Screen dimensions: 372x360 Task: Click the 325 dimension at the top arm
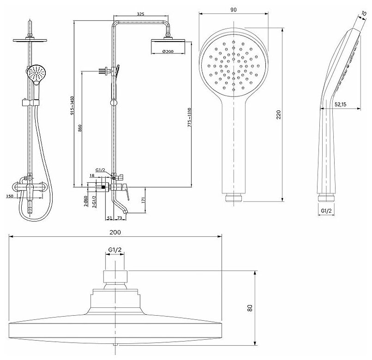tap(141, 14)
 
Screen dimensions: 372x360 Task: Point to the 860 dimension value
tap(81, 129)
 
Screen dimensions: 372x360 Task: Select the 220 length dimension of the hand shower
tap(278, 114)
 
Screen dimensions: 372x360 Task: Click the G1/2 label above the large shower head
tap(115, 250)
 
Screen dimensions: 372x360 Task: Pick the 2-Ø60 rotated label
tap(86, 201)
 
